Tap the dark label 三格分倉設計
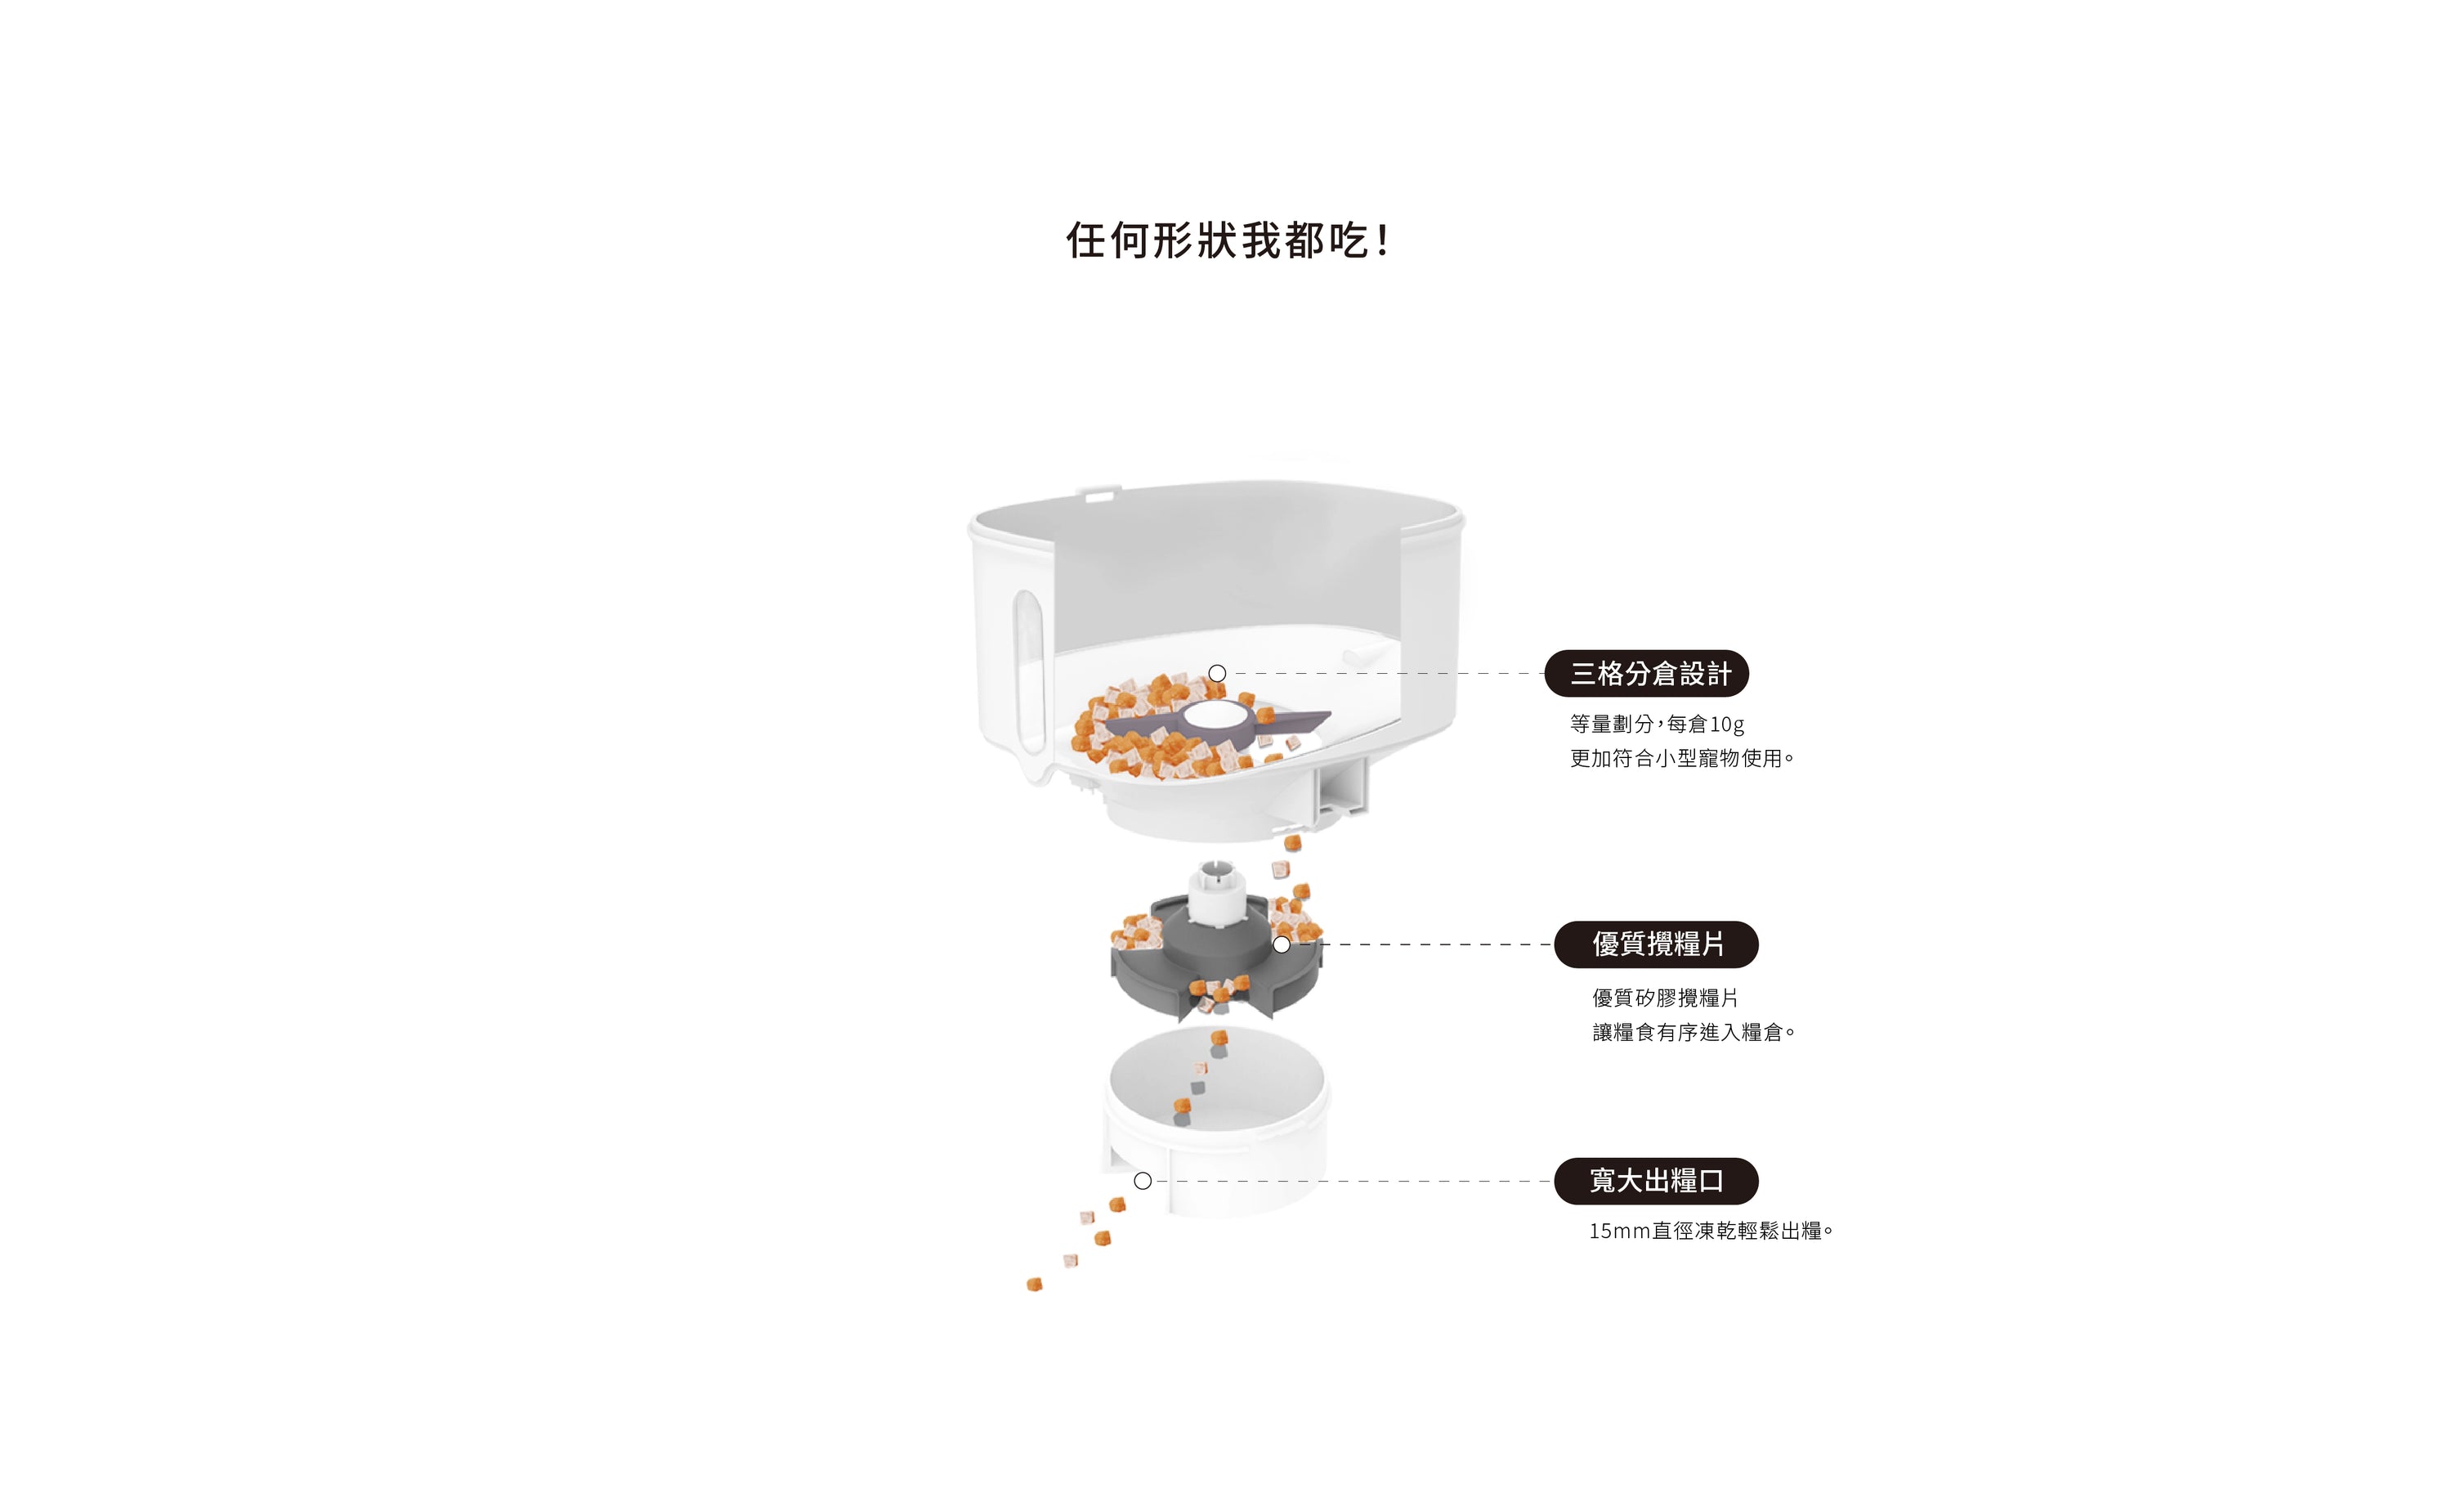pyautogui.click(x=1646, y=674)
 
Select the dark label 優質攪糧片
pyautogui.click(x=1656, y=944)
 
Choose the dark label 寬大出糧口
pyautogui.click(x=1656, y=1181)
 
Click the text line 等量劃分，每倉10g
pyautogui.click(x=1657, y=724)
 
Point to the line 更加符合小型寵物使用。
pyautogui.click(x=1682, y=759)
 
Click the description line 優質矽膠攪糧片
pyautogui.click(x=1665, y=998)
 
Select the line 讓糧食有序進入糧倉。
pyautogui.click(x=1694, y=1032)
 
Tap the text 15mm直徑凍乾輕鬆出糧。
pyautogui.click(x=1711, y=1232)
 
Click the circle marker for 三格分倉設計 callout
pyautogui.click(x=1217, y=674)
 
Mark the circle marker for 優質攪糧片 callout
pyautogui.click(x=1282, y=944)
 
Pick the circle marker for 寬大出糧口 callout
pyautogui.click(x=1143, y=1181)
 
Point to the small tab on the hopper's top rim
pyautogui.click(x=1099, y=491)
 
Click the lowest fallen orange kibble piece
pyautogui.click(x=1034, y=1285)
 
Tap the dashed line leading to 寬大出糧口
pyautogui.click(x=1354, y=1181)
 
